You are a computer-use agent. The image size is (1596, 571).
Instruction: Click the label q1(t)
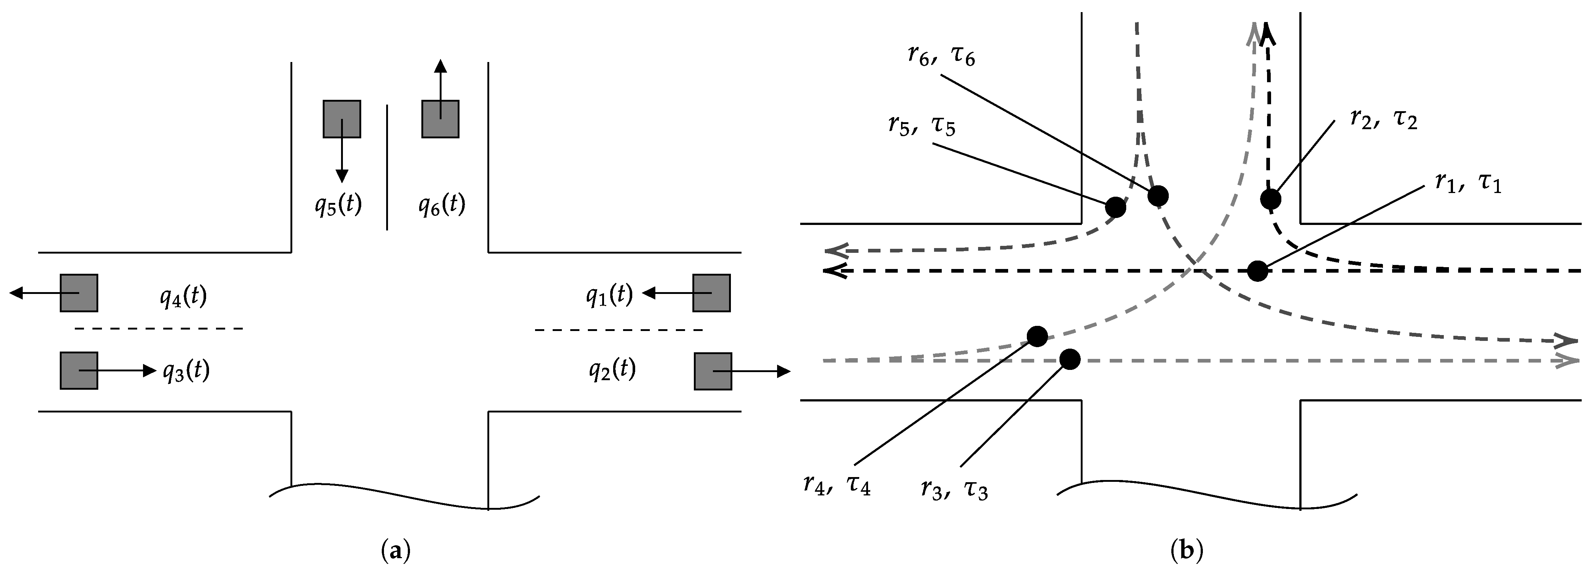tap(609, 296)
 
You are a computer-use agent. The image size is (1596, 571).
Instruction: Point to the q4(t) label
tap(183, 298)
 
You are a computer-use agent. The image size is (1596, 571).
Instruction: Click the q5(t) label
tap(338, 205)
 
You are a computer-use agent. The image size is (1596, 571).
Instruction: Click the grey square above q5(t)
tap(341, 119)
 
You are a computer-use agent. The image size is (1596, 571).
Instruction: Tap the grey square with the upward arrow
tap(440, 119)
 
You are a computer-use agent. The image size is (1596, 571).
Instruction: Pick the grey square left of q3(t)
tap(79, 371)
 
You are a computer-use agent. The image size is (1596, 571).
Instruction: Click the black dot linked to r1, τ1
tap(1257, 271)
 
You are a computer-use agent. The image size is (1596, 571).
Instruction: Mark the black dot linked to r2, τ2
tap(1270, 199)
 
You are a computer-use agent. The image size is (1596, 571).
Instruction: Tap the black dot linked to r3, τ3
tap(1070, 359)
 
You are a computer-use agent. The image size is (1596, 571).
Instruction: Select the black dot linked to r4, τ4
tap(1037, 336)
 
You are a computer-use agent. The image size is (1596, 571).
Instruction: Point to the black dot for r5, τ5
tap(1115, 207)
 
